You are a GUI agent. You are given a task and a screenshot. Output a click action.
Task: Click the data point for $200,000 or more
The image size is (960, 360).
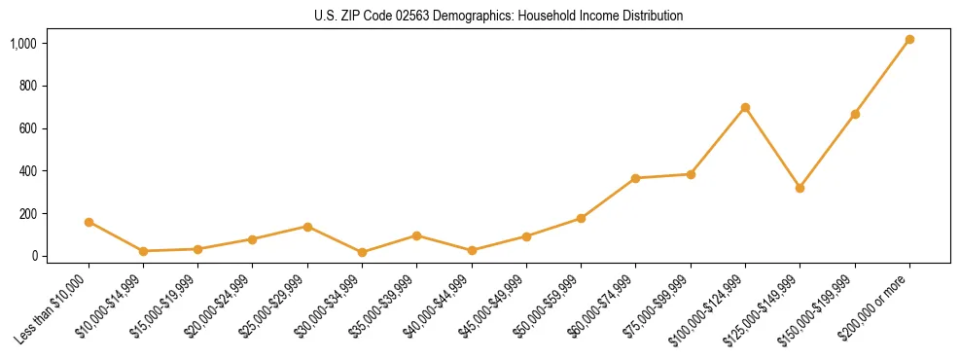coord(909,40)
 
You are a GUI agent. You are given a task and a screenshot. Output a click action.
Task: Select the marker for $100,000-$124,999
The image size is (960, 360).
coord(745,107)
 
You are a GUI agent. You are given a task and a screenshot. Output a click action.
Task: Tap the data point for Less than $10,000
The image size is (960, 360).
coord(89,222)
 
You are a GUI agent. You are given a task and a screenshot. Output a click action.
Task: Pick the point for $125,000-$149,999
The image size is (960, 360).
coord(800,188)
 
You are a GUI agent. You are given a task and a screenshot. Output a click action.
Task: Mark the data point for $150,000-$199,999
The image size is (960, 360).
coord(855,114)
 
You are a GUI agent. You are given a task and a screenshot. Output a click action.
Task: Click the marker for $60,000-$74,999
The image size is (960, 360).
coord(635,178)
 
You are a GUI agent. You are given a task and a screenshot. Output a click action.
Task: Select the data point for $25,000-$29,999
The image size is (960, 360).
coord(307,227)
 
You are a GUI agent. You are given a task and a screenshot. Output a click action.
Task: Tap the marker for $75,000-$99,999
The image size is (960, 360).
coord(691,174)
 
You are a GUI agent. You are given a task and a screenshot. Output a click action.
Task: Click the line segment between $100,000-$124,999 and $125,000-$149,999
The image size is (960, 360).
coord(772,148)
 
